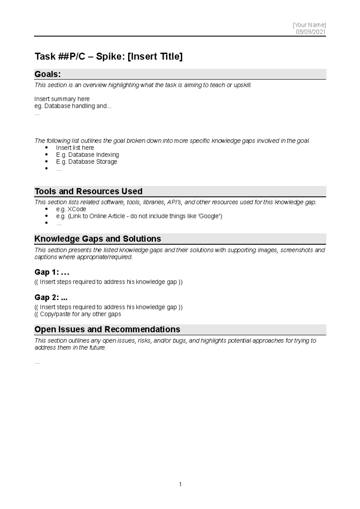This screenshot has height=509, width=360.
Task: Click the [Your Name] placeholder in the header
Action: [x=309, y=25]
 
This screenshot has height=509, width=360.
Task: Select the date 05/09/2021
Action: [x=310, y=32]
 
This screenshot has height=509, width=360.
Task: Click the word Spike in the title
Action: [x=110, y=56]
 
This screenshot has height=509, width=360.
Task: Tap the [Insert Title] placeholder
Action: [x=155, y=56]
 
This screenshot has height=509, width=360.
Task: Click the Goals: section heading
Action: [x=48, y=74]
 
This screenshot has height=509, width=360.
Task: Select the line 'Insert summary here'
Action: [x=62, y=99]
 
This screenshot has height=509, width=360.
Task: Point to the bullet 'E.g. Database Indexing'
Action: [x=87, y=155]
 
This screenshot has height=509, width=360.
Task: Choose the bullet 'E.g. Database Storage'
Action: [x=86, y=162]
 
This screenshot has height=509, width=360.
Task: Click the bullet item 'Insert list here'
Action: [x=75, y=148]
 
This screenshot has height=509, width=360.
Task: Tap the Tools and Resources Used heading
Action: [x=88, y=191]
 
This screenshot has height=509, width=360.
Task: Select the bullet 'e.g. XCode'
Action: [x=71, y=209]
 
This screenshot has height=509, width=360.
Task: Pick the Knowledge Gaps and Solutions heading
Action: [x=98, y=239]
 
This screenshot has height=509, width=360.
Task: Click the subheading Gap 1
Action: [x=52, y=272]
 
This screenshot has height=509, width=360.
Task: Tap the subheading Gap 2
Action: [x=51, y=297]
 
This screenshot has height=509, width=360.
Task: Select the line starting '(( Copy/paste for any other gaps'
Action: [x=78, y=314]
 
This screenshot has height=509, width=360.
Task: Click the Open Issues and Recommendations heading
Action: [x=107, y=329]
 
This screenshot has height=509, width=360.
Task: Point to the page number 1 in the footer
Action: [x=180, y=484]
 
